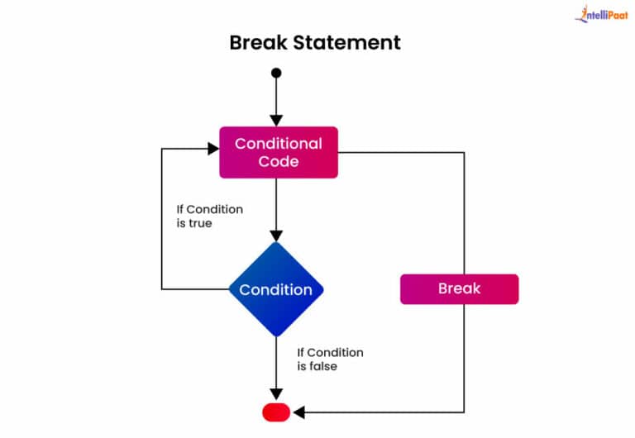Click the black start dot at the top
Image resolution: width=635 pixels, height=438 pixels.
[276, 73]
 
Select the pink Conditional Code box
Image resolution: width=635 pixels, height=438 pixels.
[278, 152]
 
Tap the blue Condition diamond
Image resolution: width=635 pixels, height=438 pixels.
[276, 289]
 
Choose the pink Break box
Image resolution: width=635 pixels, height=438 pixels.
[459, 289]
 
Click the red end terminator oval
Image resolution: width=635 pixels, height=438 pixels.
[276, 411]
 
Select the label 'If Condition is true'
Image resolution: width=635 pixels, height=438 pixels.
[210, 216]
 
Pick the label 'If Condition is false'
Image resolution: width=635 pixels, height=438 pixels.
[330, 359]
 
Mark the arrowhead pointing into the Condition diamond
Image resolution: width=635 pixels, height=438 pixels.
[276, 235]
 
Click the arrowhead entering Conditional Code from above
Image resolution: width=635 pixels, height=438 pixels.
[276, 120]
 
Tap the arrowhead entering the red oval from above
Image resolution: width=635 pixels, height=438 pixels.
[276, 394]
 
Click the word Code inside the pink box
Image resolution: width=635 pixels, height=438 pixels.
[278, 161]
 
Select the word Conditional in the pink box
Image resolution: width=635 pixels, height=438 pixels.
[278, 143]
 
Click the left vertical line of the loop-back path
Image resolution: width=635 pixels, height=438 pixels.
[161, 219]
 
